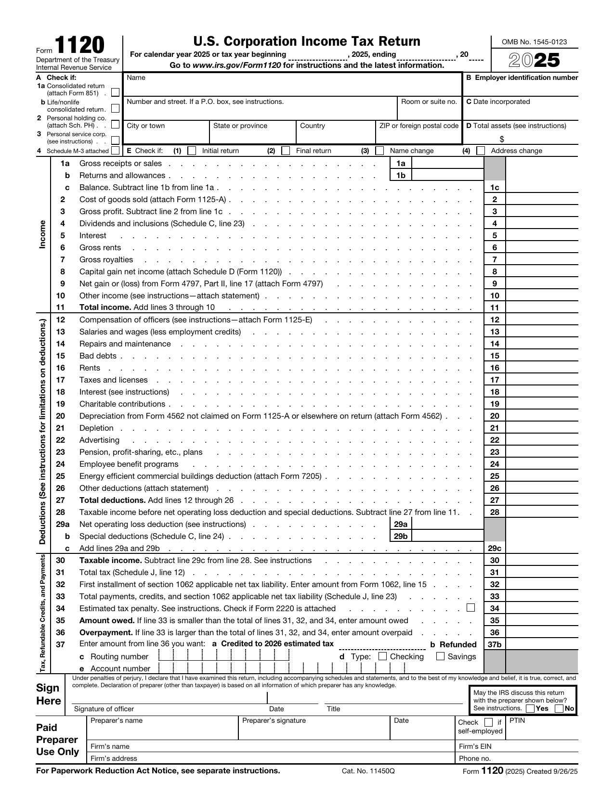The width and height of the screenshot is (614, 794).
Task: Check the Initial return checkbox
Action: click(x=192, y=151)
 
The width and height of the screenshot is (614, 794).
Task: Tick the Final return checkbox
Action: click(x=286, y=151)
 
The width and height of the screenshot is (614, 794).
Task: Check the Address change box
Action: click(x=481, y=151)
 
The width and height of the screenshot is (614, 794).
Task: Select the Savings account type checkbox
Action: click(x=440, y=656)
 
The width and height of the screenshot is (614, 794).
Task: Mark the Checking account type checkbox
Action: click(x=383, y=656)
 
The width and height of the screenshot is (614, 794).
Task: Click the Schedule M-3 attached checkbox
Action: click(x=115, y=151)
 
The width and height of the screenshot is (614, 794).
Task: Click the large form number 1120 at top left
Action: click(x=79, y=46)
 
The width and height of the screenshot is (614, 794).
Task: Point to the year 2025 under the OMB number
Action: click(x=535, y=61)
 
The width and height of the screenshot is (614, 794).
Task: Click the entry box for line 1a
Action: click(x=447, y=164)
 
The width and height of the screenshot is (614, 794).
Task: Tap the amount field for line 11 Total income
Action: click(x=541, y=307)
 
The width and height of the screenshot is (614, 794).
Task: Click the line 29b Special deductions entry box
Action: click(x=447, y=536)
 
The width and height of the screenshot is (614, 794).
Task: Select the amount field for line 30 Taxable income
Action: click(x=541, y=560)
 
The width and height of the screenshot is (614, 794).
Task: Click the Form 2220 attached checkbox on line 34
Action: click(x=470, y=608)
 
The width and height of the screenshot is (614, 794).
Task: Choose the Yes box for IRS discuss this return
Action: click(x=530, y=708)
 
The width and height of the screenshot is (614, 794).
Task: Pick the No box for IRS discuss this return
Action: click(x=559, y=708)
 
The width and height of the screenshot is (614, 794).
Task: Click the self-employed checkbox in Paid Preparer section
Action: click(x=488, y=722)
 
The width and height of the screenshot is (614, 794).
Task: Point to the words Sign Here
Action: click(x=48, y=694)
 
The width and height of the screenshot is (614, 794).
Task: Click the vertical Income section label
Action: click(x=42, y=234)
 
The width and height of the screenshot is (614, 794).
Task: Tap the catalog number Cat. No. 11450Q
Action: click(x=368, y=771)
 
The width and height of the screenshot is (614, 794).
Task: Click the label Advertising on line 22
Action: click(x=99, y=440)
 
